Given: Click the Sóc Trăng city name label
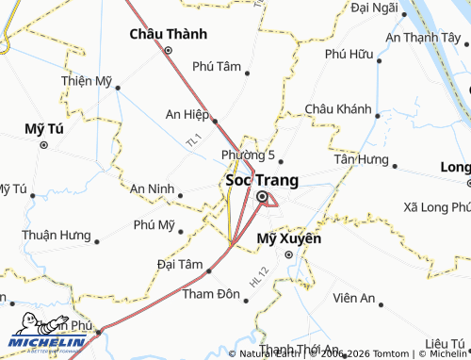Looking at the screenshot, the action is [262, 179].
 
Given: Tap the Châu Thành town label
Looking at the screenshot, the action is [167, 35].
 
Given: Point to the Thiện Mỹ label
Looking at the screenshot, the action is [87, 81].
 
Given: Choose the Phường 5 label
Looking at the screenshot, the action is [248, 155].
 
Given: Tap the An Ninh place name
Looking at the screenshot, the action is [152, 188].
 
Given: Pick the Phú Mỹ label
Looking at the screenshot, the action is [154, 225].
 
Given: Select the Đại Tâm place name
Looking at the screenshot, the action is [180, 264].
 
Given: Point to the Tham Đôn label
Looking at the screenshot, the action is [211, 295].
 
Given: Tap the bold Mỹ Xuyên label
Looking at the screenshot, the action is [289, 239].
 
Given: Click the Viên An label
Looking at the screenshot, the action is [354, 299].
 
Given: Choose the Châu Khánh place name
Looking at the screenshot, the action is [338, 110].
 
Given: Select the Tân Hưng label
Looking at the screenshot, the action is [361, 159].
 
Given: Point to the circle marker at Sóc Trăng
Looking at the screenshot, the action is [262, 197].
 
